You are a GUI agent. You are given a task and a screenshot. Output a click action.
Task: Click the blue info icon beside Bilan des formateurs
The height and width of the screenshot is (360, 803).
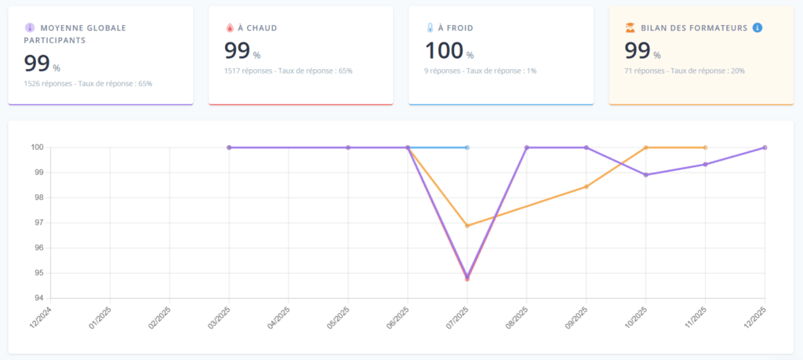click(x=758, y=27)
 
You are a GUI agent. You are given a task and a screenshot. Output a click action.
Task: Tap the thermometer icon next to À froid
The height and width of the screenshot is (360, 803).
click(x=430, y=27)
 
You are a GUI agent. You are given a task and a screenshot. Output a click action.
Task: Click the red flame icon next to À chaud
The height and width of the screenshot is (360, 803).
click(x=229, y=27)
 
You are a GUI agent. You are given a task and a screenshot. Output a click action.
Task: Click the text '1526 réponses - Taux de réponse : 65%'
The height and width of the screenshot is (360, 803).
click(x=88, y=83)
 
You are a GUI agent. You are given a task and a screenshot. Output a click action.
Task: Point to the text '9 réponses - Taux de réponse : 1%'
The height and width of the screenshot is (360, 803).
click(x=481, y=71)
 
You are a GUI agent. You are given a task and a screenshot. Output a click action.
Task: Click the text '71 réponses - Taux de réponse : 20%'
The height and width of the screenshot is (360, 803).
click(x=685, y=71)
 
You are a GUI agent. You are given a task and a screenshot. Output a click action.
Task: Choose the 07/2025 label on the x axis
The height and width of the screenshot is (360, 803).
click(x=458, y=318)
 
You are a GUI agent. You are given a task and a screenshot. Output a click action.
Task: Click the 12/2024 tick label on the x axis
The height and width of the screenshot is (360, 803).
click(x=40, y=318)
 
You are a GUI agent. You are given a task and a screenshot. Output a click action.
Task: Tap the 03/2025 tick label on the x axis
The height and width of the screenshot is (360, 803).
click(x=220, y=318)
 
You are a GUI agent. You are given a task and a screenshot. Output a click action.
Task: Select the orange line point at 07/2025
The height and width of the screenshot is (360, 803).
click(x=467, y=226)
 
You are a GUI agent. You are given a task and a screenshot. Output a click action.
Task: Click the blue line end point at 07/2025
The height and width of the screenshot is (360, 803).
click(x=467, y=147)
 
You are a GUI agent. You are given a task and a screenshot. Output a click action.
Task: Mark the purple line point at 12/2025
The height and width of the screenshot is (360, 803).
click(x=765, y=147)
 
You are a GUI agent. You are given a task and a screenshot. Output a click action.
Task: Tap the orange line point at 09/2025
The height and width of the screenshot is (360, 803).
click(x=587, y=187)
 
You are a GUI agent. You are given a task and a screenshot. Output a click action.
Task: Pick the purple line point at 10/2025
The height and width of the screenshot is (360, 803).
click(x=645, y=175)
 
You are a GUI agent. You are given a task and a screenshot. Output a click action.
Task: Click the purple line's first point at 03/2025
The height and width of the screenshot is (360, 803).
click(x=229, y=147)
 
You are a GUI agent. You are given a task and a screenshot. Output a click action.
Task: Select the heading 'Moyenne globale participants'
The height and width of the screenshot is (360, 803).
click(x=77, y=33)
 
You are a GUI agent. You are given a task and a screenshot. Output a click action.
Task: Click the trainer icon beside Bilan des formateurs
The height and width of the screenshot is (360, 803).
click(x=630, y=27)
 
